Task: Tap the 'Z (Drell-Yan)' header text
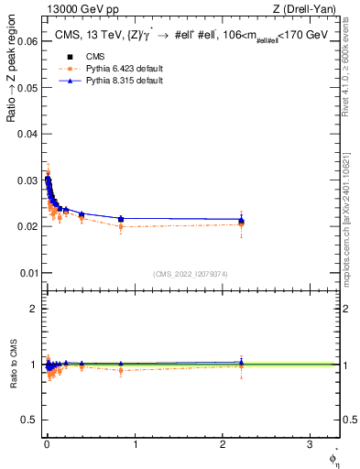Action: click(307, 9)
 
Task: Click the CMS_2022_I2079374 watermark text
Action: click(190, 273)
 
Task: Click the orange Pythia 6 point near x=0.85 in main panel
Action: click(121, 226)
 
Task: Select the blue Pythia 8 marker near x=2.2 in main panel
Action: click(241, 220)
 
